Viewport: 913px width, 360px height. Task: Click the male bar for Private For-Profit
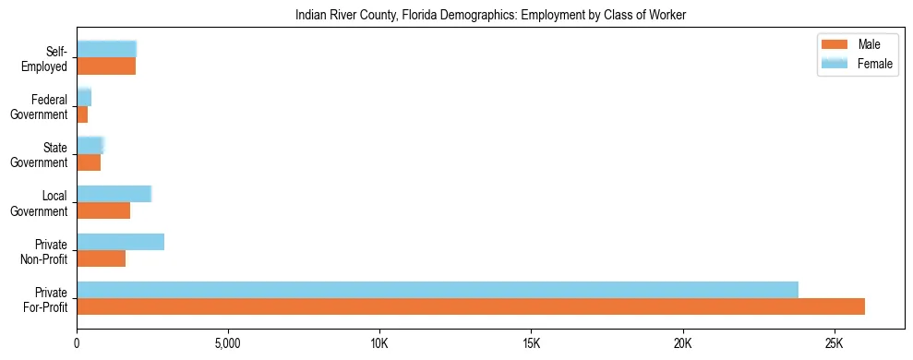(471, 306)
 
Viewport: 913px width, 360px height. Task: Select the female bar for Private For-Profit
(438, 290)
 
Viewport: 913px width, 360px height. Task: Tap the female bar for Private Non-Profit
(120, 242)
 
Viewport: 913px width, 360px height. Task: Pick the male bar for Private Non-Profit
(101, 258)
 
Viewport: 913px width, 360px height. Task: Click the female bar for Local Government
(114, 194)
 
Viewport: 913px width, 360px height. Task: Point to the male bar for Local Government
(103, 210)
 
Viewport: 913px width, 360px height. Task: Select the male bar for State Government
(89, 162)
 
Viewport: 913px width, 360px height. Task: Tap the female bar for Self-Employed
(106, 49)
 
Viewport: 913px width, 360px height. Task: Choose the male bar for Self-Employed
(106, 66)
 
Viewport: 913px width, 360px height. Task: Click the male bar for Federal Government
(82, 114)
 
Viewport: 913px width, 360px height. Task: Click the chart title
(490, 16)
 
